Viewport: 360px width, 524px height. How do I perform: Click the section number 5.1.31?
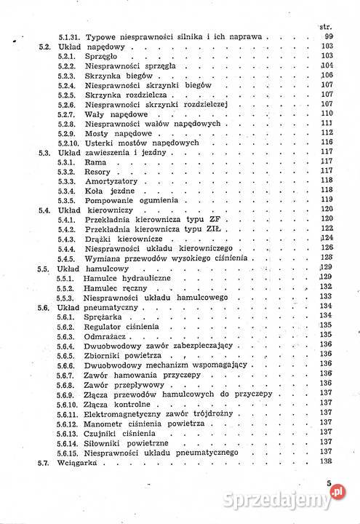click(x=71, y=36)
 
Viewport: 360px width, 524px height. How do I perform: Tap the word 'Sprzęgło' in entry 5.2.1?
click(x=102, y=56)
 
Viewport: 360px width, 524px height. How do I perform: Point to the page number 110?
click(x=326, y=113)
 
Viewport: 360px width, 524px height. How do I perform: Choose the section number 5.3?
click(x=43, y=152)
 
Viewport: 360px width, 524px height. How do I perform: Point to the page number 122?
click(x=326, y=229)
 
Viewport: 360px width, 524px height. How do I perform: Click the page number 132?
click(x=326, y=287)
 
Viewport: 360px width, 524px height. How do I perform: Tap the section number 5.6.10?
click(x=69, y=402)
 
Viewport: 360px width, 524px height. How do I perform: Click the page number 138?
click(x=326, y=461)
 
